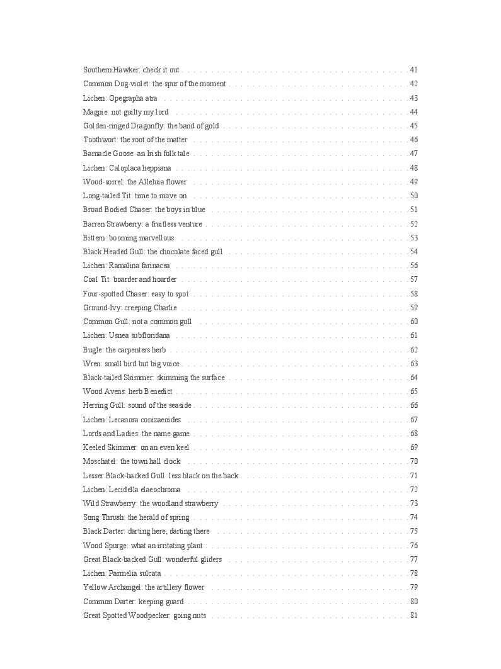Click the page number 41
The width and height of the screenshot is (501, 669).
click(x=413, y=70)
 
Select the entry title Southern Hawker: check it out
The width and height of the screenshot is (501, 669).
click(x=131, y=70)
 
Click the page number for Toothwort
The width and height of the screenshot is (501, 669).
click(x=413, y=140)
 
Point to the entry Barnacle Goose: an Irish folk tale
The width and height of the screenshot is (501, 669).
click(x=136, y=154)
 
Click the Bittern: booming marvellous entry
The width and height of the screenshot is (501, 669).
click(x=129, y=238)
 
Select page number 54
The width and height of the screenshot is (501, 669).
click(x=413, y=252)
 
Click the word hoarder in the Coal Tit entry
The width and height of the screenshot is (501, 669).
click(x=165, y=279)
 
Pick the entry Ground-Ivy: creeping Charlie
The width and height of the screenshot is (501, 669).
click(x=130, y=308)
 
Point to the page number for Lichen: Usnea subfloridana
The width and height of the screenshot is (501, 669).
click(x=413, y=335)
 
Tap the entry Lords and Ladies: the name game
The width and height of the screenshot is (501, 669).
click(x=136, y=434)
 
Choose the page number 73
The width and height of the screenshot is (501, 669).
click(x=413, y=503)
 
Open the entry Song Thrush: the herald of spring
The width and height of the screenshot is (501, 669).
click(x=136, y=517)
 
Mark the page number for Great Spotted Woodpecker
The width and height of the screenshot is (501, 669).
click(x=413, y=615)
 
